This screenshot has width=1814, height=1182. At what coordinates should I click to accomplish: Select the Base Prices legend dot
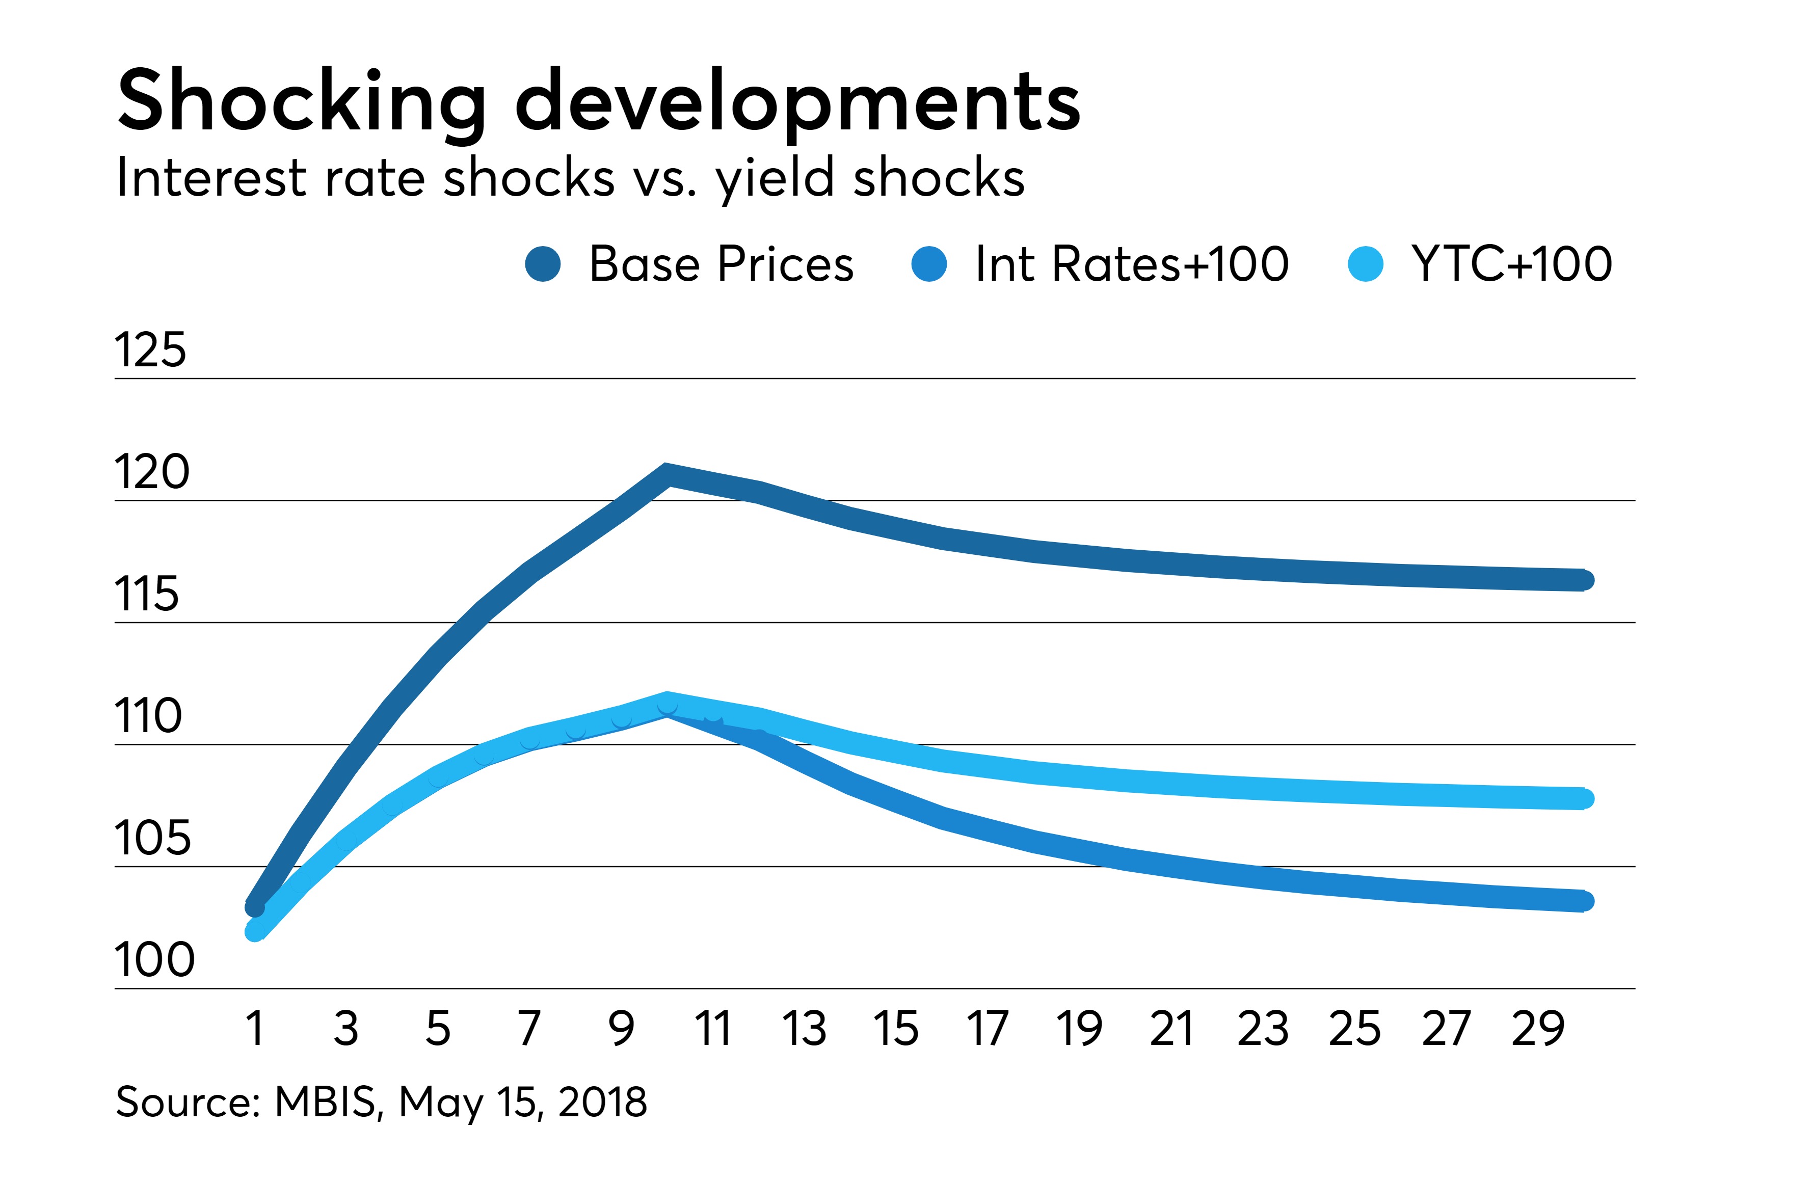543,264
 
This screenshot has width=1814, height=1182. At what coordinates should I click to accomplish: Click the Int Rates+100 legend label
1131,264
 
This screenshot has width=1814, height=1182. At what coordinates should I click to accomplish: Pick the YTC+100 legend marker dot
1365,264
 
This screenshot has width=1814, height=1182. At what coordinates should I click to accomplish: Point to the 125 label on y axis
150,351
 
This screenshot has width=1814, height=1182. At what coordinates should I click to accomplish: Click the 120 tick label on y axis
152,472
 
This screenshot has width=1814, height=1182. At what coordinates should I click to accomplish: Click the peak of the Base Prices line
667,474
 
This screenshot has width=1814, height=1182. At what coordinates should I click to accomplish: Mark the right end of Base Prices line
1584,580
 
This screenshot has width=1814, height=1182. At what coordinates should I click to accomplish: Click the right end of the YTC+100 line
1584,799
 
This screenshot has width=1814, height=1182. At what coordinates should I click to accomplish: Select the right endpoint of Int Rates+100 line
1584,902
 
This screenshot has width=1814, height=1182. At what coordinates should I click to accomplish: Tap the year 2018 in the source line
602,1102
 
